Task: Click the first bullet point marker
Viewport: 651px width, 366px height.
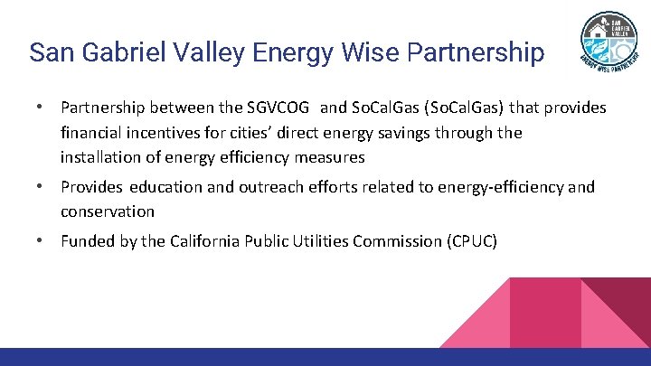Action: (x=42, y=108)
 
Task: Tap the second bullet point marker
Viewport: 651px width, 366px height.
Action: (x=42, y=187)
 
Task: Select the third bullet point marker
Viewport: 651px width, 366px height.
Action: (x=42, y=240)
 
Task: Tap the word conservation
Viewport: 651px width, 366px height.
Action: (x=108, y=211)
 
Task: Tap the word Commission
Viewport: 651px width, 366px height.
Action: (x=393, y=241)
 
